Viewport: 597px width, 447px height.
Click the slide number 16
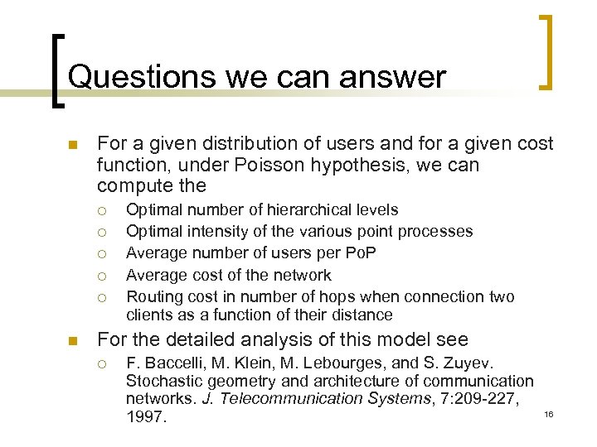point(548,413)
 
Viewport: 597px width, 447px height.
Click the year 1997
point(146,417)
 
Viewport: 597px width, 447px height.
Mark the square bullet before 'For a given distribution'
point(72,146)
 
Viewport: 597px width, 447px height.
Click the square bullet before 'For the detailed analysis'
point(72,340)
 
